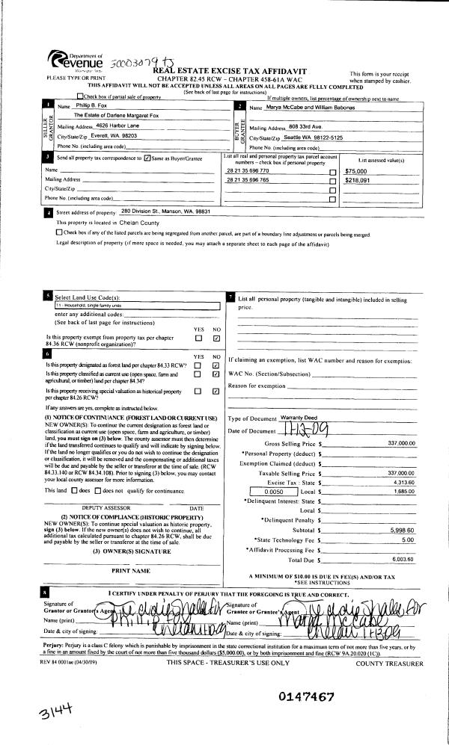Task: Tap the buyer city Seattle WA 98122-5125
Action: coord(305,137)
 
